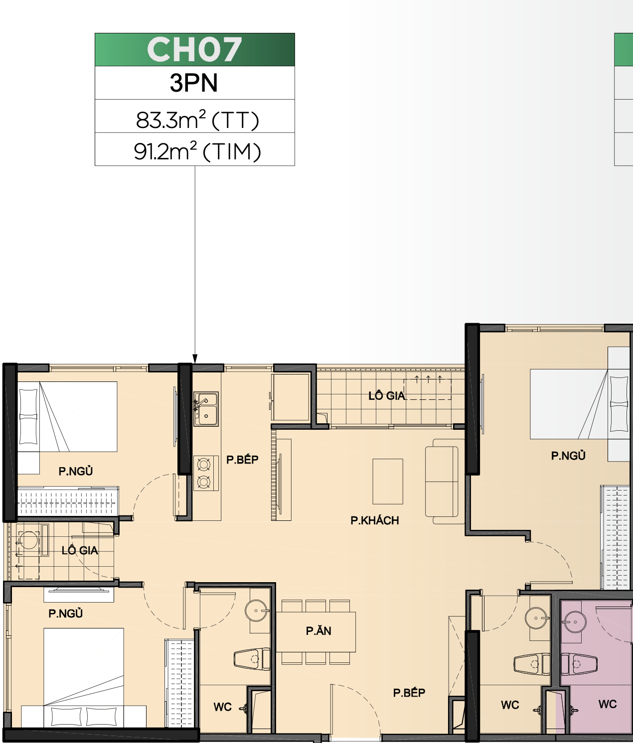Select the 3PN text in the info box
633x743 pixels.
194,83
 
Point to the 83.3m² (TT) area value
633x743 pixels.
197,120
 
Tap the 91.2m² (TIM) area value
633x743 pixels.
197,151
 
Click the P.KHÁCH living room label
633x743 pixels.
375,520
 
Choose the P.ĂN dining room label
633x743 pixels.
318,630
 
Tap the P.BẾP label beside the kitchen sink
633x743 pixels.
242,459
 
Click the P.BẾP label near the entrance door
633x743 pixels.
409,692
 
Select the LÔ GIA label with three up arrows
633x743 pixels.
386,396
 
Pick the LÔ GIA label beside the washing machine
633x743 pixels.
80,550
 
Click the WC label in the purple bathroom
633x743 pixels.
608,704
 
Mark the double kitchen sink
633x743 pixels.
206,409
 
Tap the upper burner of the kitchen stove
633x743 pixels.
204,465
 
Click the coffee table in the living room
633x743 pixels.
388,482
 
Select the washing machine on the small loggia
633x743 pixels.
28,539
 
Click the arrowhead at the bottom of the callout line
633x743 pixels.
195,359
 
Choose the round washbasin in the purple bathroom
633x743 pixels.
575,621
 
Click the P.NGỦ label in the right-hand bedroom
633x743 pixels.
568,456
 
